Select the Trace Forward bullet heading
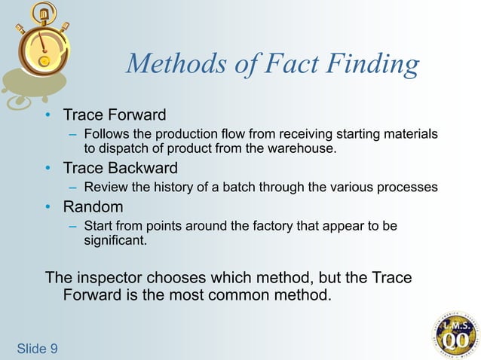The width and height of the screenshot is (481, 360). click(115, 115)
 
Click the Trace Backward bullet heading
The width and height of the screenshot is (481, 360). click(121, 167)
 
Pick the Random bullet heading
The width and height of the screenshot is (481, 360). click(93, 206)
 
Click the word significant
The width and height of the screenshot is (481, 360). click(115, 241)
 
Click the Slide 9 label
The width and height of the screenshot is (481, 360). click(37, 347)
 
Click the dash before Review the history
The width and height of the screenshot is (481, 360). click(72, 188)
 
